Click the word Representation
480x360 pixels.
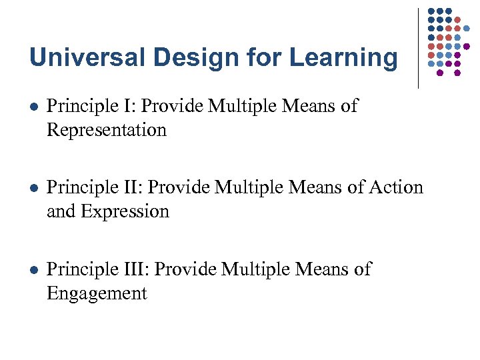pyautogui.click(x=106, y=130)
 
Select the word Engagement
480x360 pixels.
pyautogui.click(x=97, y=293)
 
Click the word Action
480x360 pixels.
pyautogui.click(x=398, y=187)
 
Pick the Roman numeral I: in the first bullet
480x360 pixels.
pyautogui.click(x=131, y=106)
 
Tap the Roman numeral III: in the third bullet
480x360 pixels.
pyautogui.click(x=138, y=269)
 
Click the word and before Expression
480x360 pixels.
pyautogui.click(x=62, y=211)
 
